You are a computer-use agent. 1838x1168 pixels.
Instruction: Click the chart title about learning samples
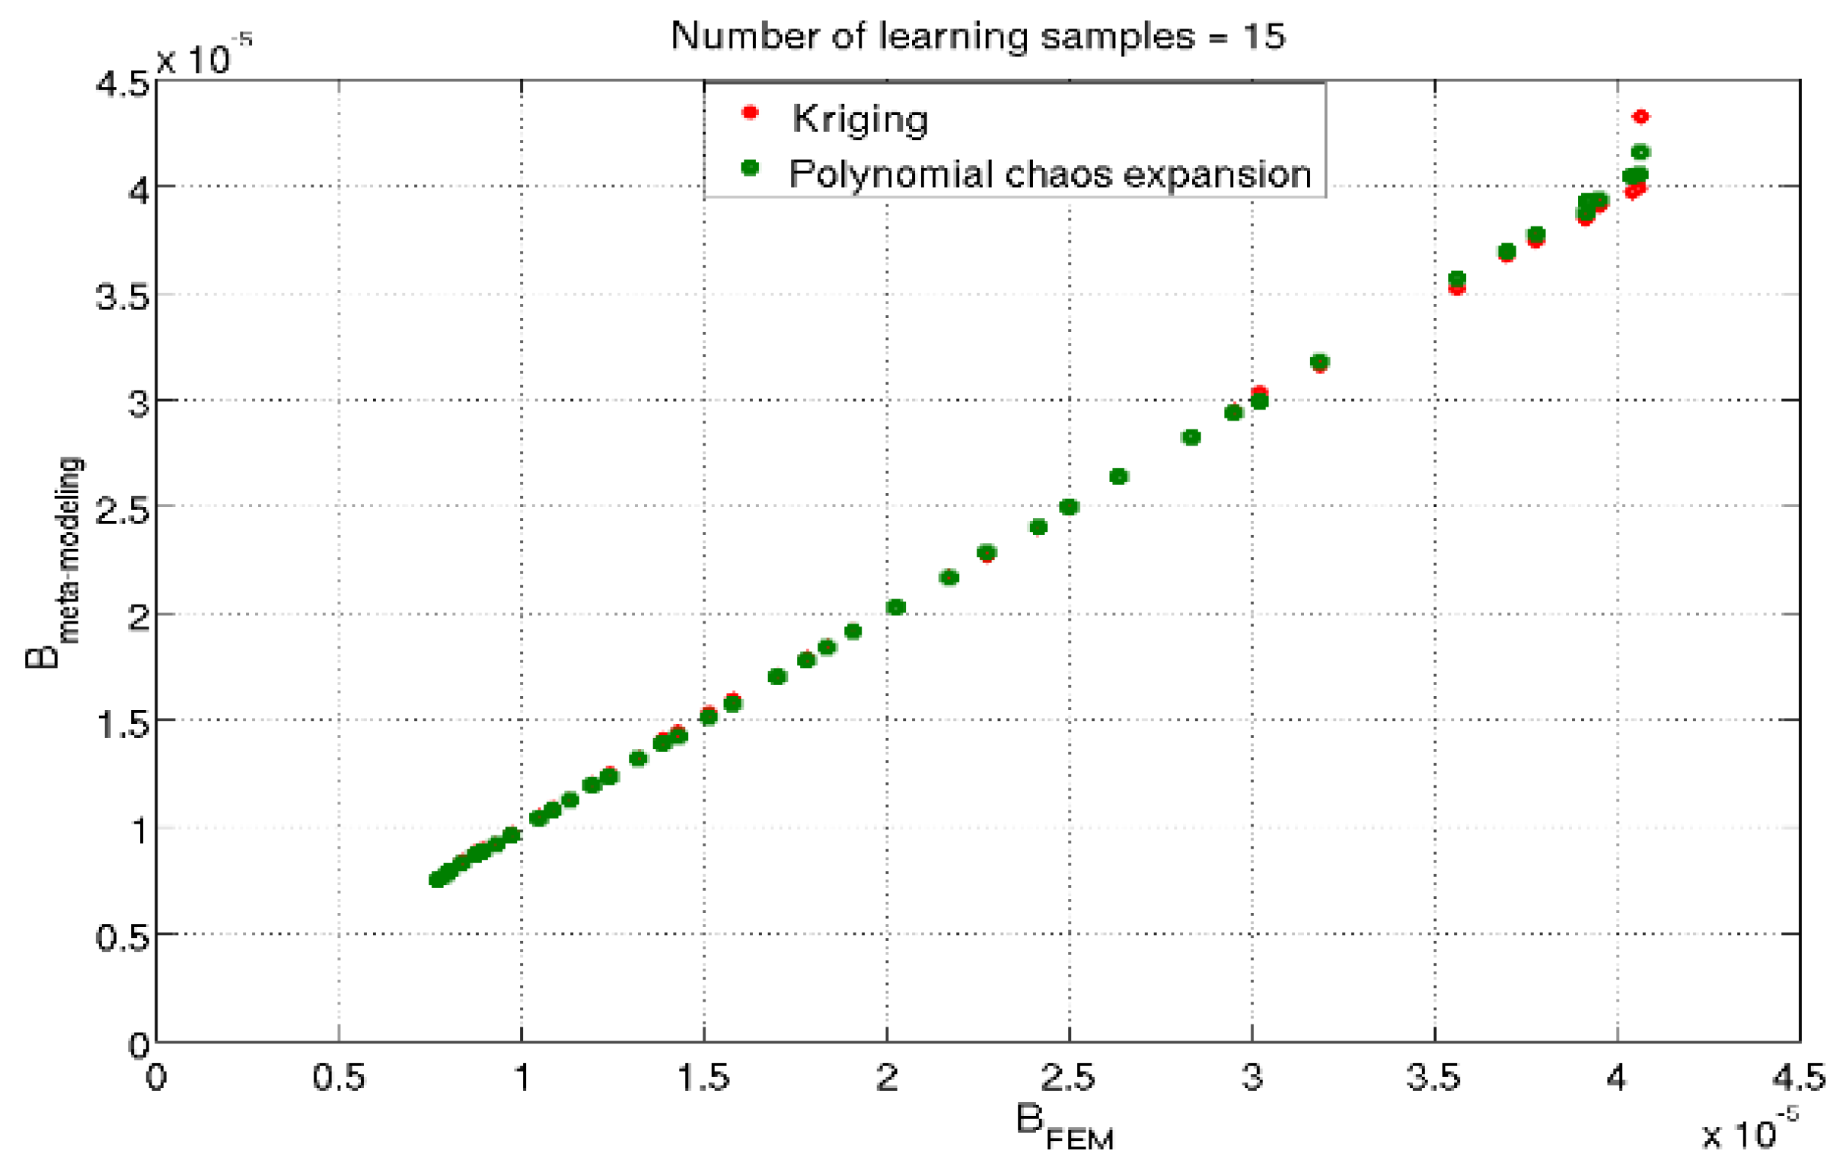pyautogui.click(x=978, y=36)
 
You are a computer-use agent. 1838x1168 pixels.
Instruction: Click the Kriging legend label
pyautogui.click(x=860, y=119)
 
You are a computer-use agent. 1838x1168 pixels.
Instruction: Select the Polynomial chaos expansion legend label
pyautogui.click(x=1050, y=174)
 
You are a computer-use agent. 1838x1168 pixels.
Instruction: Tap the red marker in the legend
pyautogui.click(x=750, y=113)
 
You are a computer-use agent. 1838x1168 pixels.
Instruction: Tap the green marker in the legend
pyautogui.click(x=750, y=168)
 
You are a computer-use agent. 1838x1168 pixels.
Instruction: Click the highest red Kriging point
pyautogui.click(x=1640, y=117)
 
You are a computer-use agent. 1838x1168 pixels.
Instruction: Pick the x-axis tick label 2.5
pyautogui.click(x=1069, y=1078)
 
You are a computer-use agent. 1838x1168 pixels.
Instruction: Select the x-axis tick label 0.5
pyautogui.click(x=338, y=1078)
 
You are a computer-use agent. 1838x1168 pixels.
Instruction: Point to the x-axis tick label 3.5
pyautogui.click(x=1434, y=1078)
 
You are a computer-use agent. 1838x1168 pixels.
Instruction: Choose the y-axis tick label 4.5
pyautogui.click(x=122, y=83)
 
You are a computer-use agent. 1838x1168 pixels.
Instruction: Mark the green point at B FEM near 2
pyautogui.click(x=896, y=607)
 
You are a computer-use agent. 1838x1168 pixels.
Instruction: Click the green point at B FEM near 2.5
pyautogui.click(x=1069, y=507)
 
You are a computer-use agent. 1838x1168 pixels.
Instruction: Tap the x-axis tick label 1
pyautogui.click(x=522, y=1078)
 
